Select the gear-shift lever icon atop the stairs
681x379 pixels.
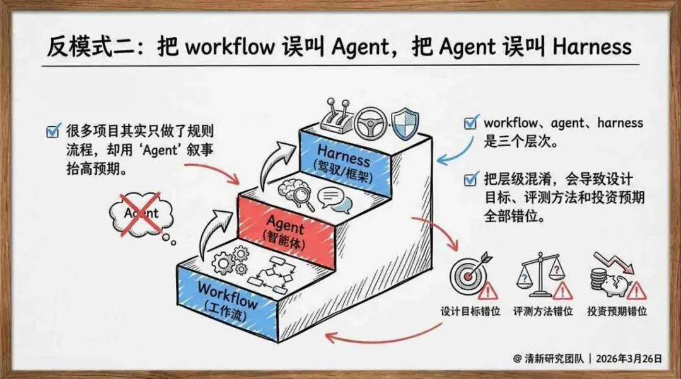[x=335, y=117]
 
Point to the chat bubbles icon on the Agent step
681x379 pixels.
[x=334, y=200]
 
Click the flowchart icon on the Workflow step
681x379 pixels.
[x=269, y=277]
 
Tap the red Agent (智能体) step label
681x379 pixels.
[x=285, y=230]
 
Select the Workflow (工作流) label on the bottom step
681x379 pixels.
[x=228, y=299]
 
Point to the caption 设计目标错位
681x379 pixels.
[x=470, y=311]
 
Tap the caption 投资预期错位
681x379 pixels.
[x=617, y=311]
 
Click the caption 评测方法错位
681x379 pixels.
[x=543, y=311]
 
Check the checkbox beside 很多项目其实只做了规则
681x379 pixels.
[x=53, y=132]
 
